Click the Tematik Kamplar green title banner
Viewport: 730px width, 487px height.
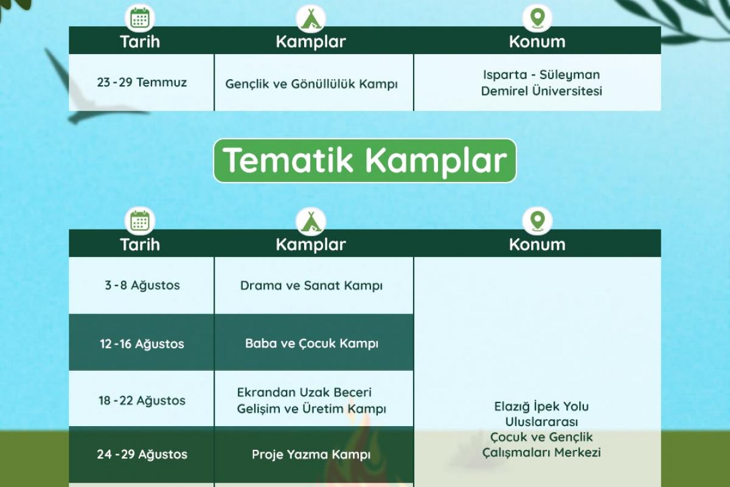click(364, 161)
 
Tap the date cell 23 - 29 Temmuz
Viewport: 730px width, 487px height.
click(142, 82)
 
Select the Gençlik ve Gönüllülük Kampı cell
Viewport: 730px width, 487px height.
click(311, 84)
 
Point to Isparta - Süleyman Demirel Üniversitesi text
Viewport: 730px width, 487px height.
click(541, 83)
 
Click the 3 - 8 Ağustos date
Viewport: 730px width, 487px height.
click(142, 285)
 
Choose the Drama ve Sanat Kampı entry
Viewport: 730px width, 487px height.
click(311, 286)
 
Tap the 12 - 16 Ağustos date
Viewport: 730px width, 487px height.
click(142, 343)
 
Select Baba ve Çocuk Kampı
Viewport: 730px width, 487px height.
click(311, 343)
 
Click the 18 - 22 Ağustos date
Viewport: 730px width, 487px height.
click(142, 400)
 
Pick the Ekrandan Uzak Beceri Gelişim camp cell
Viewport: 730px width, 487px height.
click(311, 400)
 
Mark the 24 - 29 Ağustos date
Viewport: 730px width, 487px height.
click(142, 454)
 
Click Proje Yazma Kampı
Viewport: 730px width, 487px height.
click(311, 454)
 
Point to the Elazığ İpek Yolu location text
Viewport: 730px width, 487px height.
click(541, 429)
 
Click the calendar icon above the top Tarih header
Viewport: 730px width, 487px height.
click(140, 18)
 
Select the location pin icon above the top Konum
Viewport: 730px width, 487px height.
click(537, 18)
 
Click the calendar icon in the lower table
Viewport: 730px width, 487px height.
click(140, 221)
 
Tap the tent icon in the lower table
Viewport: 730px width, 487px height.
click(311, 222)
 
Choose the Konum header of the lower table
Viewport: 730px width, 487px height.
click(537, 244)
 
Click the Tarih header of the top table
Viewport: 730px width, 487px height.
click(140, 42)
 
